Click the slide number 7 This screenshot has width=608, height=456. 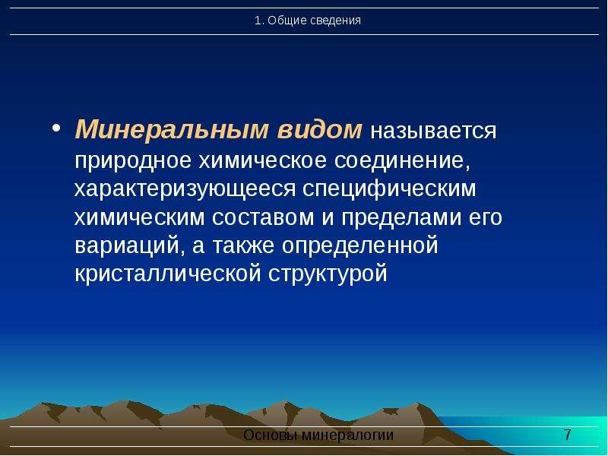567,435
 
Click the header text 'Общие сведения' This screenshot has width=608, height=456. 314,21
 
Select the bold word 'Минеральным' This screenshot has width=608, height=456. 172,129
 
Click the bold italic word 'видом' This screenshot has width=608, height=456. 319,129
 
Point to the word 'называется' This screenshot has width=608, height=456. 433,131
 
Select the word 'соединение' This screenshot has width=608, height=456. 402,160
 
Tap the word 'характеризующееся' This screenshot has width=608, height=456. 185,189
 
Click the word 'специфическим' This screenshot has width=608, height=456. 389,188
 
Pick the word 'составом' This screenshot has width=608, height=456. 263,218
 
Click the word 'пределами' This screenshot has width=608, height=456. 401,217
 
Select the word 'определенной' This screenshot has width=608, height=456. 359,246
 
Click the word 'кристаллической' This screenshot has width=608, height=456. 167,274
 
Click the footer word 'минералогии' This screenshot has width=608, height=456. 347,435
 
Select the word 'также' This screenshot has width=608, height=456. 243,246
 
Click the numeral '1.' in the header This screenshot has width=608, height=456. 259,21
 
